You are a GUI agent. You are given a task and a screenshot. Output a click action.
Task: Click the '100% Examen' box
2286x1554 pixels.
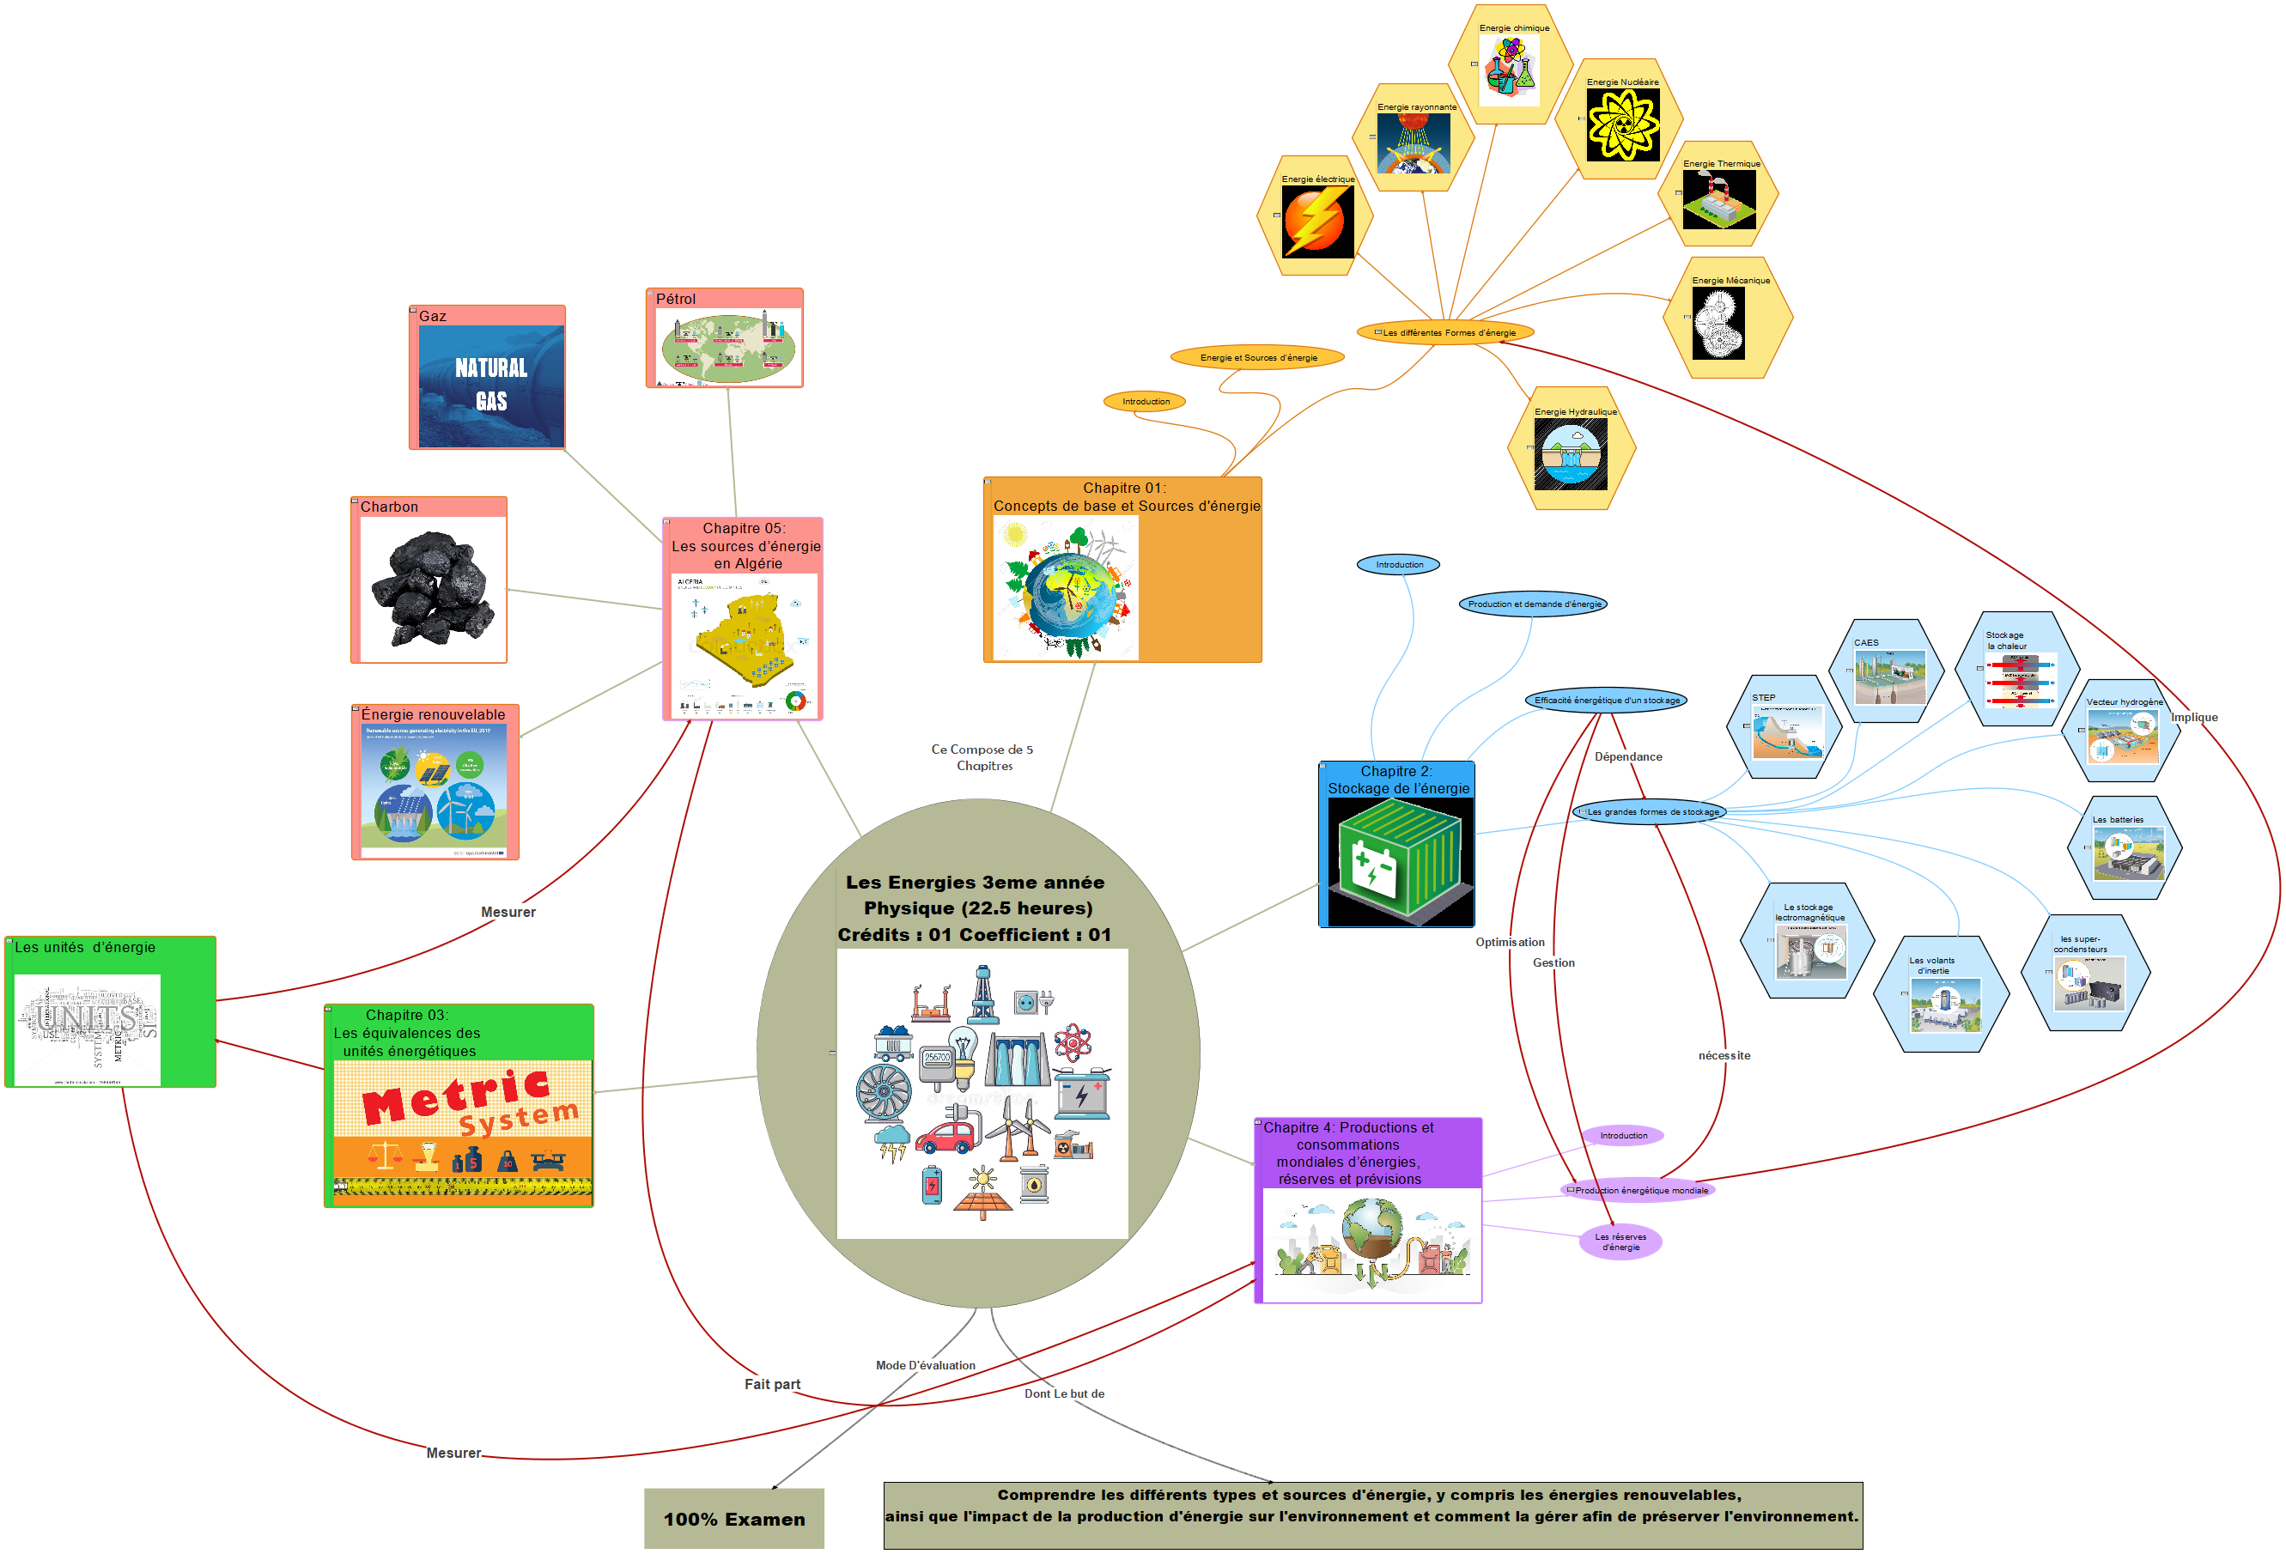point(733,1519)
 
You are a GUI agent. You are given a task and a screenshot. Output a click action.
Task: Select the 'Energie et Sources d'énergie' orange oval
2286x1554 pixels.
point(1257,357)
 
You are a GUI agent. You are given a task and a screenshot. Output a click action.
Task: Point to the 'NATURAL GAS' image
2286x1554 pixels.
point(491,385)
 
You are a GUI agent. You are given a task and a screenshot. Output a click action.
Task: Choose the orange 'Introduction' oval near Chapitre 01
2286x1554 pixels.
point(1146,401)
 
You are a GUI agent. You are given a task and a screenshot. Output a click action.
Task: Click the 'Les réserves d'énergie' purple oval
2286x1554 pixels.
point(1620,1241)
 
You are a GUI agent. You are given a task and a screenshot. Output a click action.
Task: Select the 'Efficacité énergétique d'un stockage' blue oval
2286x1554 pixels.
point(1607,701)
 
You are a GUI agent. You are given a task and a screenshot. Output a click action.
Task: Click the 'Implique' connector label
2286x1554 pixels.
point(2193,717)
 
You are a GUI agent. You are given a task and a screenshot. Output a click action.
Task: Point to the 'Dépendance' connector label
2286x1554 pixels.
point(1628,756)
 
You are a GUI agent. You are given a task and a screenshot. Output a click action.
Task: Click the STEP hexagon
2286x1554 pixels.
point(1786,728)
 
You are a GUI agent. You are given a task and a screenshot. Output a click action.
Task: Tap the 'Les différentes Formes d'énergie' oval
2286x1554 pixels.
point(1446,332)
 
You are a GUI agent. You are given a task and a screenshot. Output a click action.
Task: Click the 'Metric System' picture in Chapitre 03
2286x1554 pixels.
point(462,1131)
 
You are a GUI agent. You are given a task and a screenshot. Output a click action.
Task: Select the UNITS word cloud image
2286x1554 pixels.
point(88,1029)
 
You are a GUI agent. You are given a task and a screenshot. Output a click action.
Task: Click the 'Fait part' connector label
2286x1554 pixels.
point(772,1384)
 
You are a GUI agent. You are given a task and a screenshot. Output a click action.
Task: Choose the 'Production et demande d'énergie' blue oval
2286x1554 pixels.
point(1534,604)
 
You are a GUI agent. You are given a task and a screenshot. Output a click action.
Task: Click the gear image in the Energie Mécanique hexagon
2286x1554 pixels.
point(1718,323)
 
